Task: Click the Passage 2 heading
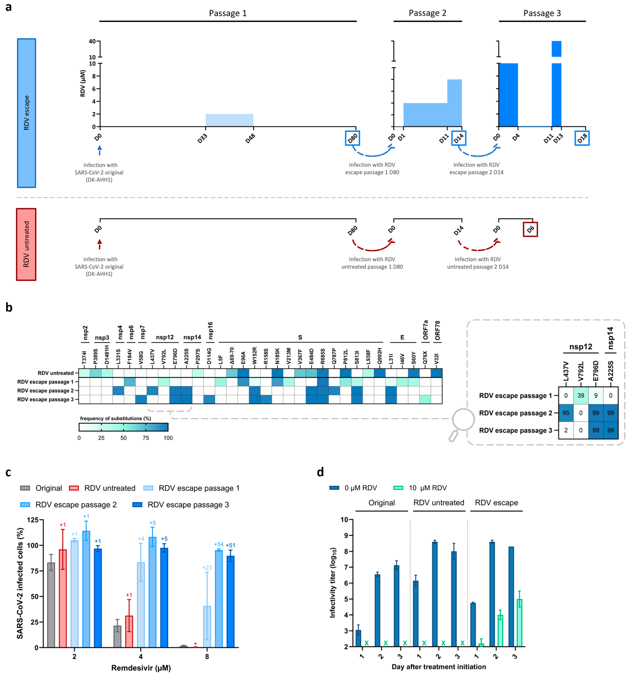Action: [x=427, y=13]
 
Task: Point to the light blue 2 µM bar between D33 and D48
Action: [x=229, y=120]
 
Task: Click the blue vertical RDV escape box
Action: [x=27, y=113]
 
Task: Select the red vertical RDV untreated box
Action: [x=26, y=244]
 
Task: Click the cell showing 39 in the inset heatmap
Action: [x=581, y=395]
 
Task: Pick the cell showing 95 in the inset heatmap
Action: [x=566, y=413]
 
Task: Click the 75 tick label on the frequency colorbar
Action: [x=146, y=438]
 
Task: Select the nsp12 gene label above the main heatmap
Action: [x=165, y=337]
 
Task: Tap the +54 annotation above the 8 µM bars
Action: [x=219, y=544]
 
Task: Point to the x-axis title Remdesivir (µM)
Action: [x=141, y=668]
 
